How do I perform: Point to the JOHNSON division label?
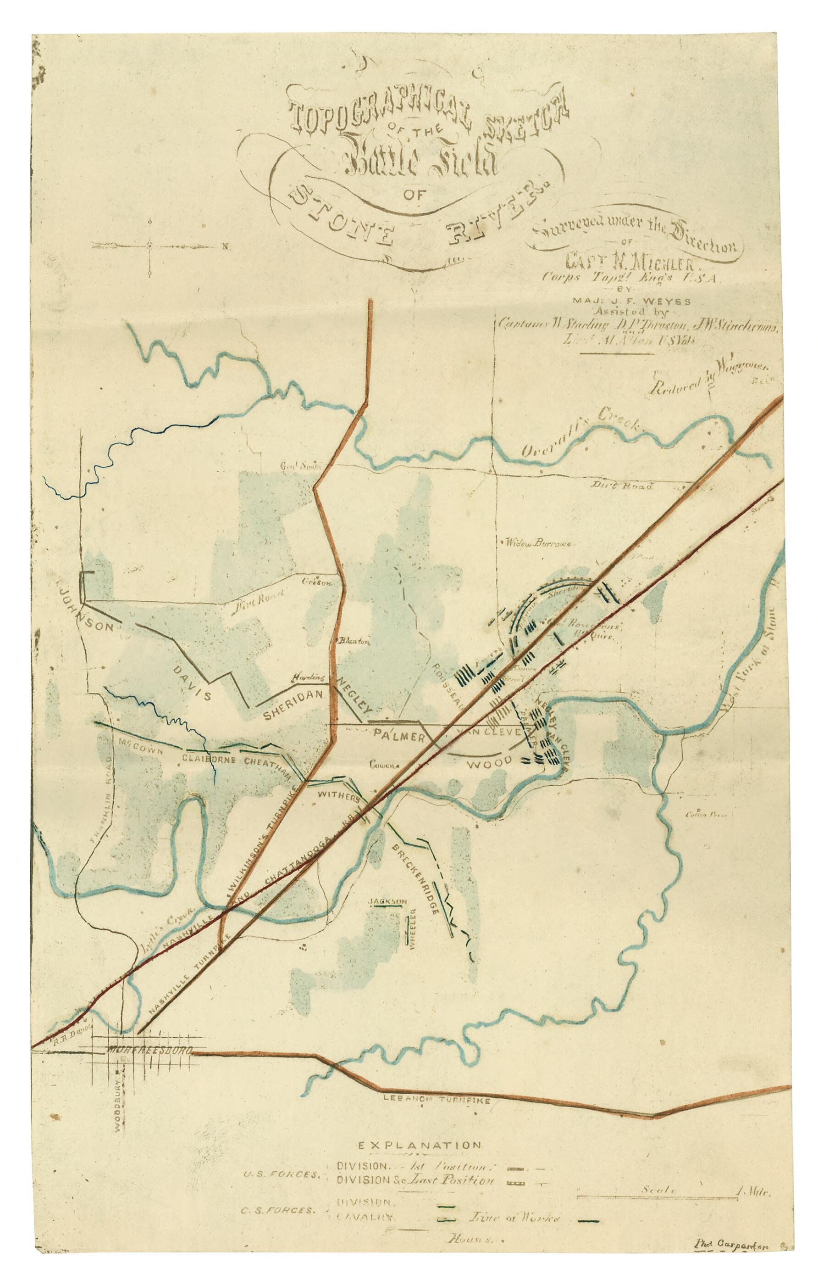click(85, 607)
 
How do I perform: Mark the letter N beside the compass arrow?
click(225, 247)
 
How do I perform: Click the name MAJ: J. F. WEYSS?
click(631, 302)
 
